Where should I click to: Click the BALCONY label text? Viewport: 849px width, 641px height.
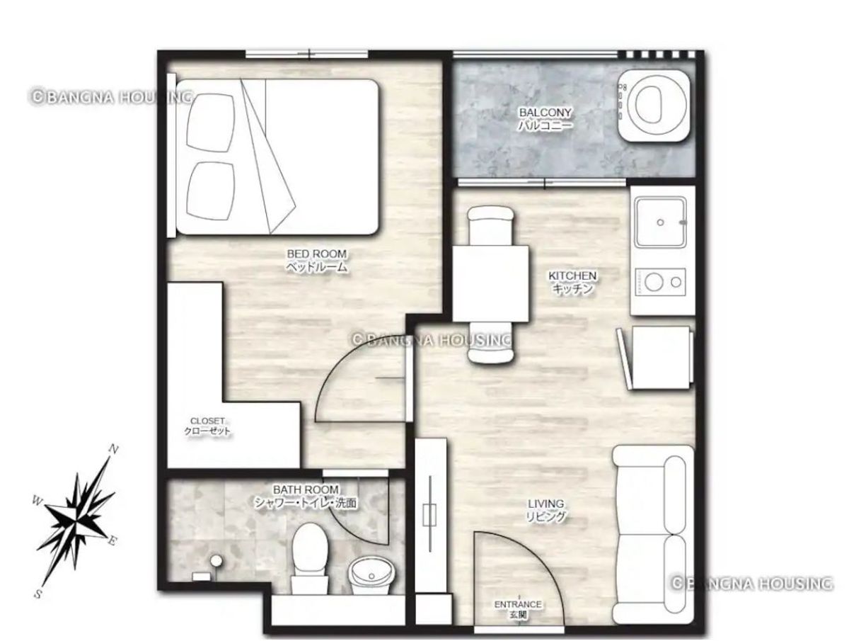pos(545,112)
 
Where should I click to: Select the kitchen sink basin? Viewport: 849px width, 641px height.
pos(661,222)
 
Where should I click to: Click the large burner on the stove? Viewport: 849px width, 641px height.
pos(654,282)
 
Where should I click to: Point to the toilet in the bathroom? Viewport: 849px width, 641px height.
pos(309,558)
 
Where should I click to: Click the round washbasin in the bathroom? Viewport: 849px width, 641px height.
pos(372,574)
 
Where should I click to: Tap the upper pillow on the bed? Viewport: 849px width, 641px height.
pos(211,123)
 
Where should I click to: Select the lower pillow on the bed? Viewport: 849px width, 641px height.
pos(211,191)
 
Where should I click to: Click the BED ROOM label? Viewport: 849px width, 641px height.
pos(317,254)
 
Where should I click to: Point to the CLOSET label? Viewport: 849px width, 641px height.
pos(207,421)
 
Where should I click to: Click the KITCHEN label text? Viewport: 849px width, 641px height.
pos(572,276)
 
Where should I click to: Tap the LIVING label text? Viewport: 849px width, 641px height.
pos(545,504)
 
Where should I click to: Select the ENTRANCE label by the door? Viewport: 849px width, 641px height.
pos(518,604)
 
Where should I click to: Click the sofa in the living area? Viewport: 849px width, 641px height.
pos(653,534)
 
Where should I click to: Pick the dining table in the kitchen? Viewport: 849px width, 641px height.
pos(490,283)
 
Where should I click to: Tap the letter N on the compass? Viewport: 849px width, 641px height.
pos(113,450)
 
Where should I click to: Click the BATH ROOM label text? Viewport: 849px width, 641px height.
pos(306,489)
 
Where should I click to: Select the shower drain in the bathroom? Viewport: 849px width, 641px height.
pos(216,560)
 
